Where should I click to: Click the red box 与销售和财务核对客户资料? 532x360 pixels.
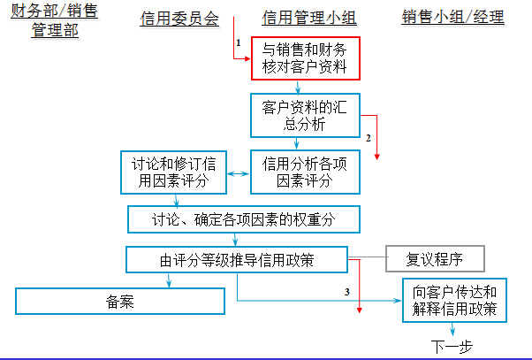[x=306, y=58]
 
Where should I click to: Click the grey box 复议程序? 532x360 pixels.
[x=434, y=259]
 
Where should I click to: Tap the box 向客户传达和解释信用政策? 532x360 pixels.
[x=455, y=300]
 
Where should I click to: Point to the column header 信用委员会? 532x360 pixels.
[x=179, y=19]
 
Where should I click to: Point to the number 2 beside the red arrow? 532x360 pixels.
[x=368, y=137]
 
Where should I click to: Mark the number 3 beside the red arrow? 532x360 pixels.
[x=347, y=291]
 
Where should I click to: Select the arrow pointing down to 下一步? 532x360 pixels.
[x=454, y=329]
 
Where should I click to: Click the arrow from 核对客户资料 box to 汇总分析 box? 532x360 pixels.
[x=300, y=86]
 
